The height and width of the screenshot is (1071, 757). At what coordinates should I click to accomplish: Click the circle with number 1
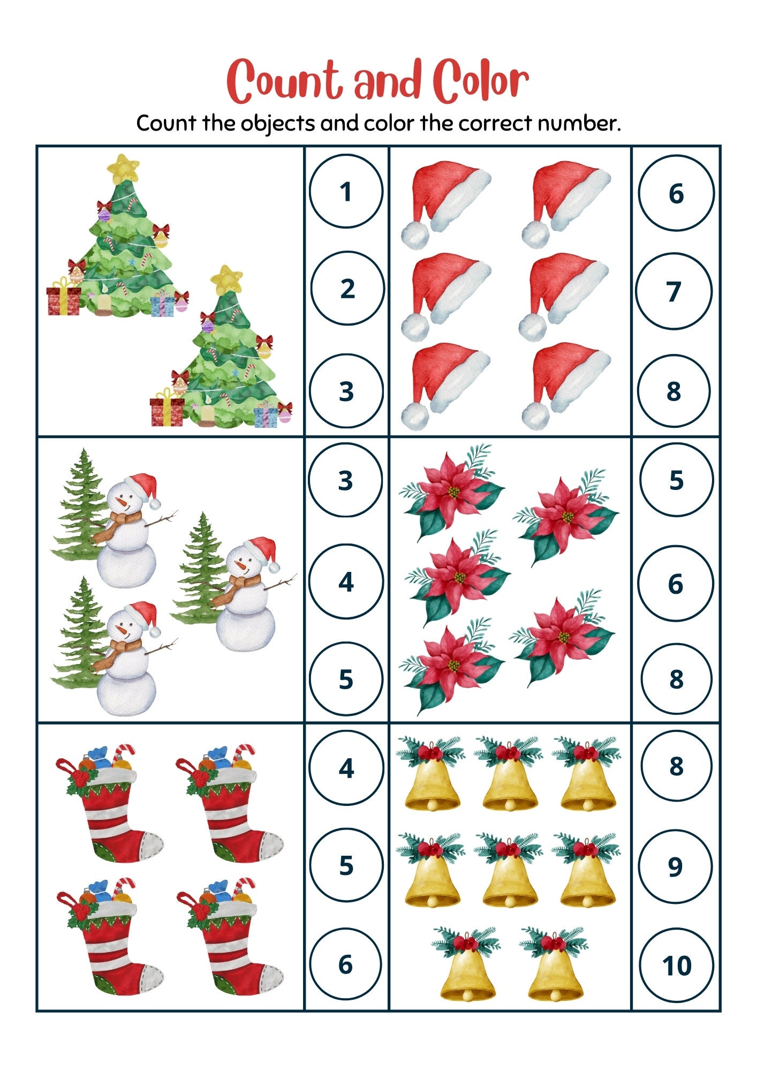(346, 191)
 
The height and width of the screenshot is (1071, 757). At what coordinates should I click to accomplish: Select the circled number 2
(347, 289)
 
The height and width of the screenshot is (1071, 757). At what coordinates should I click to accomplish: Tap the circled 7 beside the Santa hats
(673, 291)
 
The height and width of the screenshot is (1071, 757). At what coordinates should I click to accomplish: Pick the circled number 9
(676, 866)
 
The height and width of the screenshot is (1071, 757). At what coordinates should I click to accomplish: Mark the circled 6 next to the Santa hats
(676, 193)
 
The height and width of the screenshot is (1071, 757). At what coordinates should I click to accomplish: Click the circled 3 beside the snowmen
(346, 480)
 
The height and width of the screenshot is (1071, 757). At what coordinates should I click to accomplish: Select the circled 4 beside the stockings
(346, 767)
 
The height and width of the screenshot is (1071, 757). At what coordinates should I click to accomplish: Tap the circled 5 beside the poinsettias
(676, 480)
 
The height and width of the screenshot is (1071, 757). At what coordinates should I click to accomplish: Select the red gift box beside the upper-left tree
(63, 300)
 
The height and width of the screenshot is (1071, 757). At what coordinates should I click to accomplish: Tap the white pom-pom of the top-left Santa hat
(415, 234)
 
